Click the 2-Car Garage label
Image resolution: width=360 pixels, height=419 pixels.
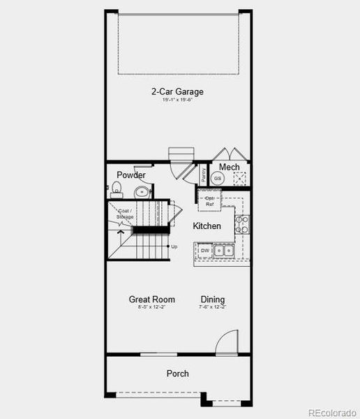[x=177, y=91]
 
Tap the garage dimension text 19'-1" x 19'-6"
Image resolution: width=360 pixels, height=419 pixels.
[x=177, y=101]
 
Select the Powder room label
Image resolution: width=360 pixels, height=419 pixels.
[x=131, y=175]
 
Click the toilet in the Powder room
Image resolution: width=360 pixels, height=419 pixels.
[x=116, y=188]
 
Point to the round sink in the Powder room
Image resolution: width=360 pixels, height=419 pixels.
[x=142, y=191]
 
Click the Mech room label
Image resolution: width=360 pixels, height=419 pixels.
[x=230, y=168]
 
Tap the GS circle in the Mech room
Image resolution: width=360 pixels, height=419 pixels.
[x=218, y=179]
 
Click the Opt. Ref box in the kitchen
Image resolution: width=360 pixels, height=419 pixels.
[x=209, y=201]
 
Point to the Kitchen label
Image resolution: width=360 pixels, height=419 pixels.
[x=207, y=226]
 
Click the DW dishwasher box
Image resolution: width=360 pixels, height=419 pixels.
[x=205, y=250]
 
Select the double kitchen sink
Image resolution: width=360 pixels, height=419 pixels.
[x=223, y=250]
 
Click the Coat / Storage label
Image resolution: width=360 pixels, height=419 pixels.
[x=126, y=214]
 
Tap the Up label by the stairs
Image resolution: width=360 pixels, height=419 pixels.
[x=174, y=247]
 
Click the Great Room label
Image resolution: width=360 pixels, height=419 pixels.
[x=151, y=300]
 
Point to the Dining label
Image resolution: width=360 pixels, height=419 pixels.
[x=213, y=300]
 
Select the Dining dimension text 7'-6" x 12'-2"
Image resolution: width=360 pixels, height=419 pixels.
[x=213, y=307]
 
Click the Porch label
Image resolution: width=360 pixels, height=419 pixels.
[x=177, y=374]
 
